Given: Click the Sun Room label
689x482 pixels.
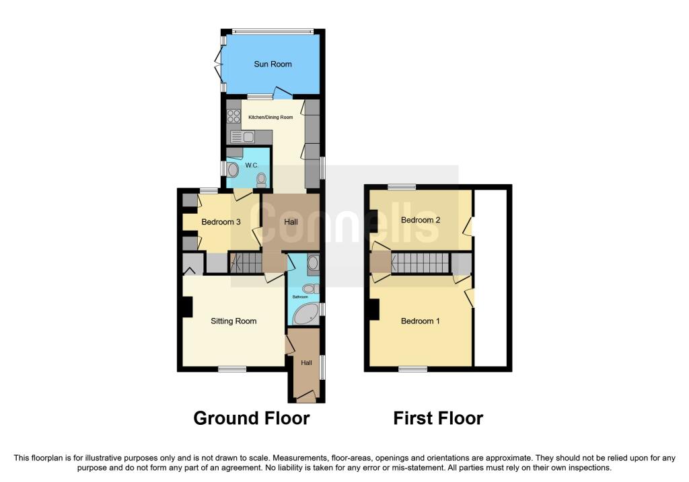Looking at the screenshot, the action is (x=273, y=64).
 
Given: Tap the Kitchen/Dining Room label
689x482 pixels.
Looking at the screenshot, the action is (x=270, y=117).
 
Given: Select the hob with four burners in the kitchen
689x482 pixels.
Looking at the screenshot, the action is (x=233, y=116).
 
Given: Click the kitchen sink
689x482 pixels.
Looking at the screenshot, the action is (x=242, y=137).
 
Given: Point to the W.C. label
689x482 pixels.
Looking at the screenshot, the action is (x=252, y=165).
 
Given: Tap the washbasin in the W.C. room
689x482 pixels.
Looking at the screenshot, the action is (x=232, y=169).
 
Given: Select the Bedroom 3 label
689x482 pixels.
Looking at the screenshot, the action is (x=221, y=222).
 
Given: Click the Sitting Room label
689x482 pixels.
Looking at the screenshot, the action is (x=233, y=321).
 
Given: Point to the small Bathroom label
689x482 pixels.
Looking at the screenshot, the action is (x=300, y=297).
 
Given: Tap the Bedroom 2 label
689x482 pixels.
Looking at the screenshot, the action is (x=421, y=220).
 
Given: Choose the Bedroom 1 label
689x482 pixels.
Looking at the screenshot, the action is (x=420, y=321).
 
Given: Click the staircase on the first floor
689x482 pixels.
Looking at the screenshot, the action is (x=420, y=263).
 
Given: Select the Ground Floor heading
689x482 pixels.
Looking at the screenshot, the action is (x=252, y=418).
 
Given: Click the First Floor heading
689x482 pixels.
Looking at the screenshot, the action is (x=438, y=418).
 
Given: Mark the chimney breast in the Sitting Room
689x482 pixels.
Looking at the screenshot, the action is (x=187, y=307).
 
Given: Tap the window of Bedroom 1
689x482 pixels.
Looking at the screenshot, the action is (x=412, y=369).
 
